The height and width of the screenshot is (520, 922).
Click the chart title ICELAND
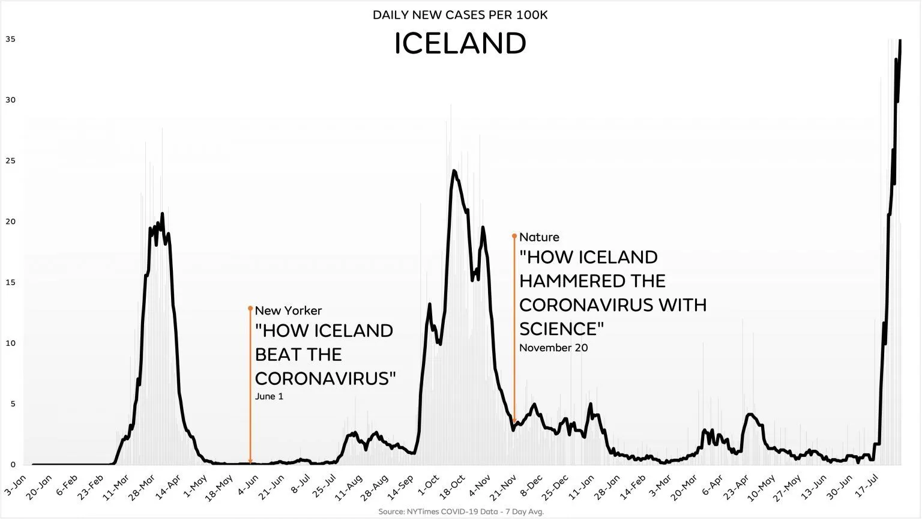(x=460, y=43)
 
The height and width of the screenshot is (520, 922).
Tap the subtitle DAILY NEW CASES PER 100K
(x=460, y=14)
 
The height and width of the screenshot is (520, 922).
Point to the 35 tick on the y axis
(x=10, y=39)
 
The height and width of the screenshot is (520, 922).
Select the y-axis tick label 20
(x=10, y=222)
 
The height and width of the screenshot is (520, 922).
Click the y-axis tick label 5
(x=13, y=404)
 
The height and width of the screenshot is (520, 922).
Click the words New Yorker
(x=288, y=310)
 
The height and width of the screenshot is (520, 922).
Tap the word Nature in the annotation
(x=539, y=237)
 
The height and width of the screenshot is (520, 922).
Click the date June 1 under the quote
(x=269, y=396)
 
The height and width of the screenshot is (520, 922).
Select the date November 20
(x=553, y=348)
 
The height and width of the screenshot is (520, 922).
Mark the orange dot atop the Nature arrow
(x=514, y=236)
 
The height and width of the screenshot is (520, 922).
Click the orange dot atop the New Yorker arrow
(x=250, y=308)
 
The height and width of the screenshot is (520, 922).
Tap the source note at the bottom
(x=461, y=512)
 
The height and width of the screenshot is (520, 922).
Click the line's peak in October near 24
(x=454, y=171)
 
